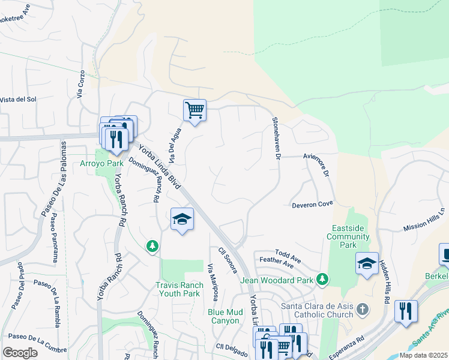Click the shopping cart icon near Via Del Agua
194,110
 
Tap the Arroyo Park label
102,163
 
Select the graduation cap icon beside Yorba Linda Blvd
182,220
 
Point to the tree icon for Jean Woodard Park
323,279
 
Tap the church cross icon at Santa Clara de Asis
362,309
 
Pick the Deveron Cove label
312,204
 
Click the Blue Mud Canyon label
225,316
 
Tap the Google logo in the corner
20,353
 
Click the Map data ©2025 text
423,355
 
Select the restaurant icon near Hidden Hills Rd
406,311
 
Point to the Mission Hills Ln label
425,220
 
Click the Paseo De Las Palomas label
53,179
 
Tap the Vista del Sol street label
18,99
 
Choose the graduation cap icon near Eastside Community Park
367,263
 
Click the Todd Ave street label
288,255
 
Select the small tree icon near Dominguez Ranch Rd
152,245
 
